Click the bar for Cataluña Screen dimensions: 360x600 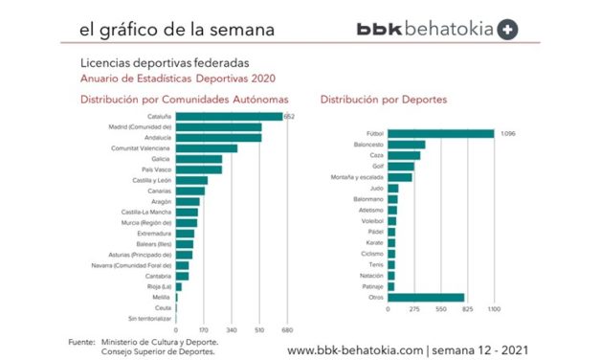point(230,117)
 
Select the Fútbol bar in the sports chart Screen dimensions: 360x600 point(440,134)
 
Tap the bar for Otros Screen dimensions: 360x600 point(426,298)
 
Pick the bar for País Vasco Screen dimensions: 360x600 point(199,169)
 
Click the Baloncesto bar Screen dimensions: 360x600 point(407,145)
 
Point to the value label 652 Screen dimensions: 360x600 point(290,117)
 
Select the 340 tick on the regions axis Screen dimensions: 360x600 point(232,329)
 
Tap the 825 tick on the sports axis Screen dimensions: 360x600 point(468,309)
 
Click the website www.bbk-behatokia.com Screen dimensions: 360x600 point(355,349)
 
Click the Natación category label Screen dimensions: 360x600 point(371,275)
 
